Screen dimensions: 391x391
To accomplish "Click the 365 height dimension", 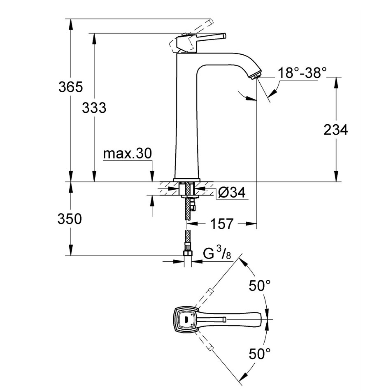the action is [x=70, y=87].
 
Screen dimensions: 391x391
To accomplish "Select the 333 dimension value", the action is [x=94, y=108].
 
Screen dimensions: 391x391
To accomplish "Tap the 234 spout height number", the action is [x=335, y=130].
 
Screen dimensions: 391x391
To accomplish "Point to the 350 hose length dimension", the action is [x=70, y=219].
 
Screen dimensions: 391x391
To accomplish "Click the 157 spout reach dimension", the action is [x=222, y=223].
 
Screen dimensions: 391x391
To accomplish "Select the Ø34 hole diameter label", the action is [x=232, y=192].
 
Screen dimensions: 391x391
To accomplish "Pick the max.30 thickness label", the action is [x=127, y=154].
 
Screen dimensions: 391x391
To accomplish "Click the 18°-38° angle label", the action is [x=302, y=73].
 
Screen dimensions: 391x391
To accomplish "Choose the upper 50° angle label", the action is [x=260, y=285].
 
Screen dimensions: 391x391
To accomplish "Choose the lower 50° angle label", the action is [x=260, y=354].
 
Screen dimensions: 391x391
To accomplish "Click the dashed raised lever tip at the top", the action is [x=211, y=21].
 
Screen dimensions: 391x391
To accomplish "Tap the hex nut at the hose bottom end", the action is [x=188, y=254].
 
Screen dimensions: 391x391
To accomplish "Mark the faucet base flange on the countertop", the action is [x=187, y=180].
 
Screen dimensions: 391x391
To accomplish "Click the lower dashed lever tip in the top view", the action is [x=210, y=348].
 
